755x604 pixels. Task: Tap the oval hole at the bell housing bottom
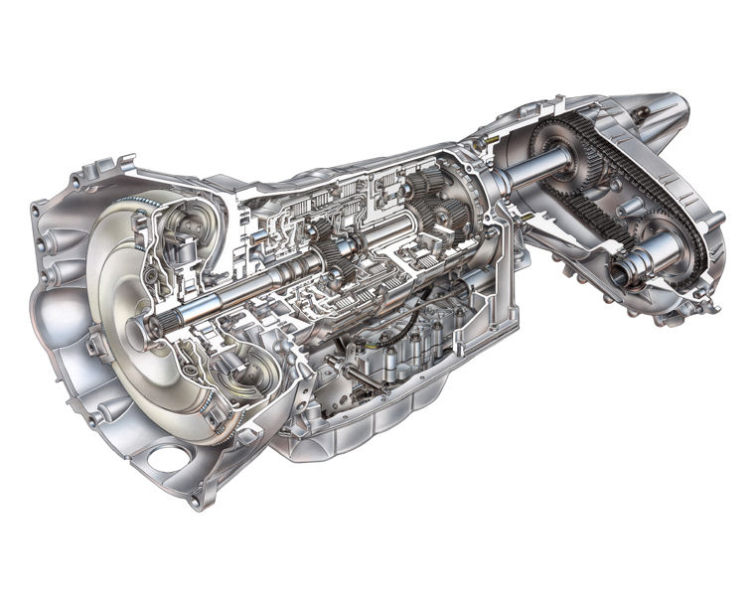pos(170,459)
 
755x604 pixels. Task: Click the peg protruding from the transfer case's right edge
pos(714,218)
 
